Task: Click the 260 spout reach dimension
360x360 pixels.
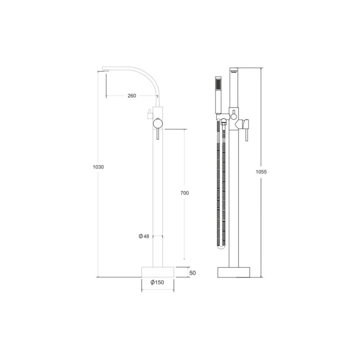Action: click(132, 96)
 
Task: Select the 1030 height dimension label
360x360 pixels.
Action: click(98, 167)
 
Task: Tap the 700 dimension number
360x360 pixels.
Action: click(184, 193)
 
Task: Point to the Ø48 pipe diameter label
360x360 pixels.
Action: click(144, 236)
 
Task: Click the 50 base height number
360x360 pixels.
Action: click(193, 273)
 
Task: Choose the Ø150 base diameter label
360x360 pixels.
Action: click(157, 282)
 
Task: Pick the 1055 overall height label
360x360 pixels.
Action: click(261, 172)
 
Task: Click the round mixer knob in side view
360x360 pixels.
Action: click(158, 123)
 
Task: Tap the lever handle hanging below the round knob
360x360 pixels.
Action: click(158, 134)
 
